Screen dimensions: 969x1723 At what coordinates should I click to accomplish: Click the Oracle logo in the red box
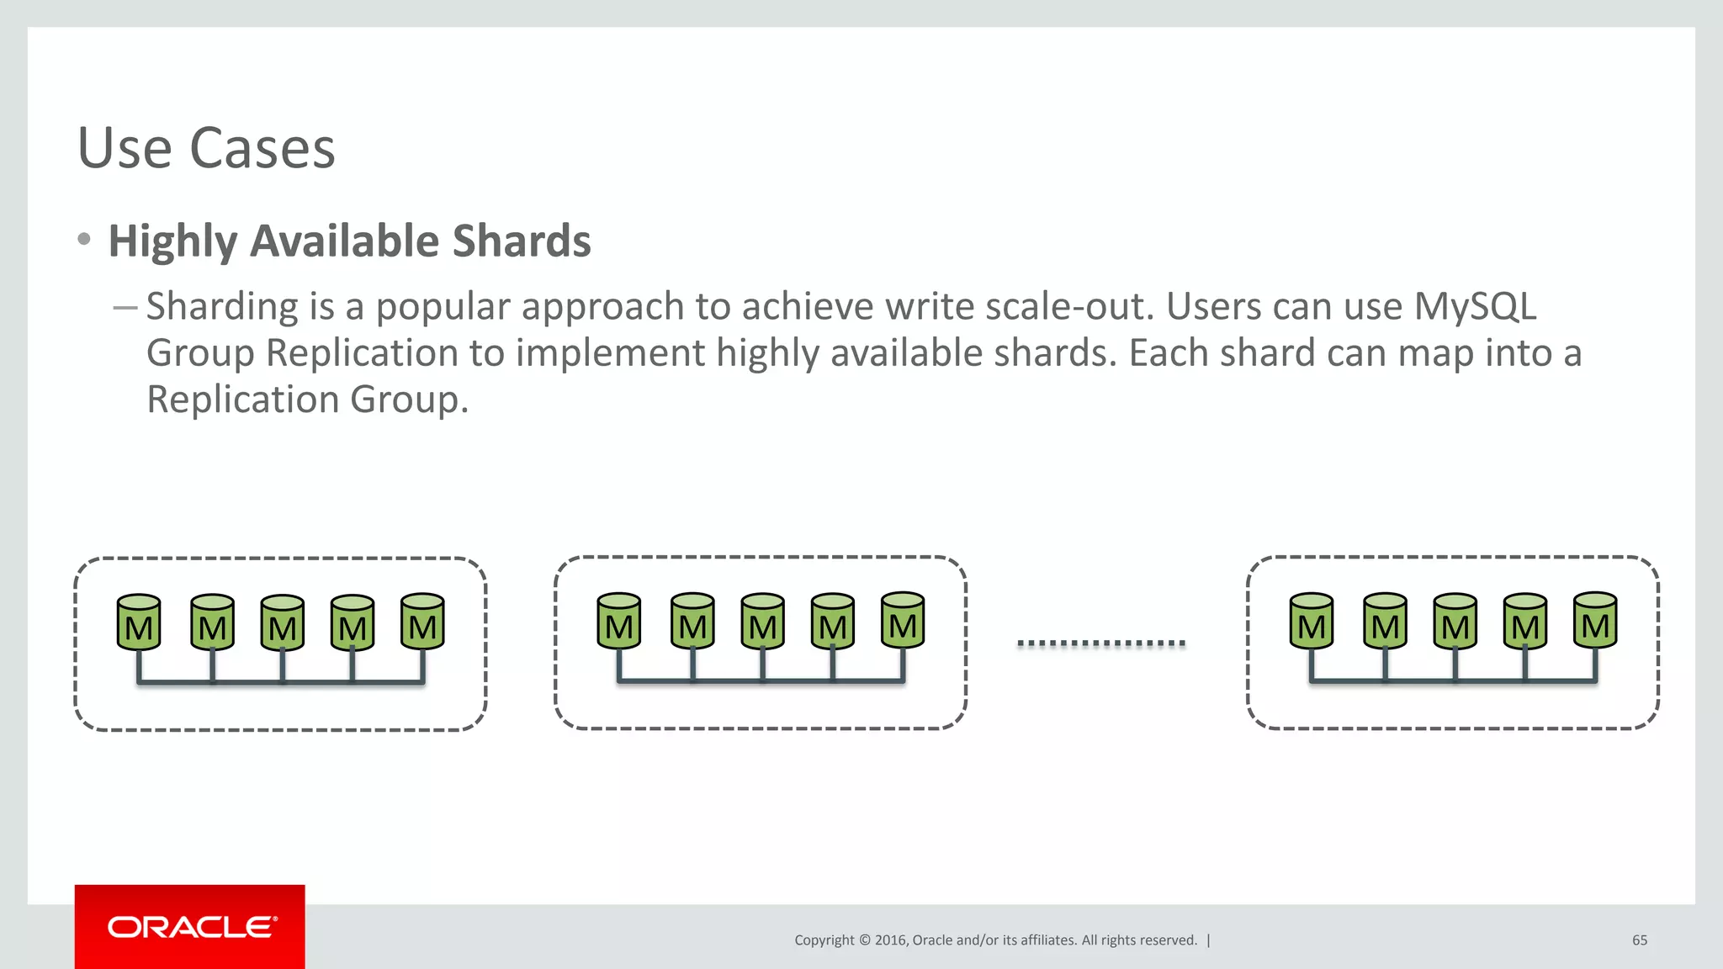click(191, 927)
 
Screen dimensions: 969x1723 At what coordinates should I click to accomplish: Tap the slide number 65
click(1639, 940)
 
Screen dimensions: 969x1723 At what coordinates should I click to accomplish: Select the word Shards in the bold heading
click(522, 241)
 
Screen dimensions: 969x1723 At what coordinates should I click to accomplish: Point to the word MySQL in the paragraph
click(1475, 306)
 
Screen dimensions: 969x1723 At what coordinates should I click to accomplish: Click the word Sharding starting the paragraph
click(222, 306)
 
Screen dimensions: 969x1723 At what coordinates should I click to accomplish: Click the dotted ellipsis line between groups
click(1100, 643)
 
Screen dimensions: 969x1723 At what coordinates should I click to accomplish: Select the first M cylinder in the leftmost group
click(139, 623)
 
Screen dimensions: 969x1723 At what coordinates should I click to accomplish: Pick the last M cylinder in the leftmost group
click(422, 622)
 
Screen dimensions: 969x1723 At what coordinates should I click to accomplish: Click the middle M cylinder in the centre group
click(763, 622)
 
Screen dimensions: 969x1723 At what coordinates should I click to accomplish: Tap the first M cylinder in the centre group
click(618, 622)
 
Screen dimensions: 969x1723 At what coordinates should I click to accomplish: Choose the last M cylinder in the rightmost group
click(1595, 621)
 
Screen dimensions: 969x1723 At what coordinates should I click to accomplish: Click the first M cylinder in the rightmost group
click(1311, 622)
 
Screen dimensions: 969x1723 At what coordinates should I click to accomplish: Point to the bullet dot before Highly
click(83, 240)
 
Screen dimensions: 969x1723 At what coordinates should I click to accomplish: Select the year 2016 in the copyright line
click(890, 940)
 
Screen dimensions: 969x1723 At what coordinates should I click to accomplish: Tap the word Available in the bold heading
click(345, 241)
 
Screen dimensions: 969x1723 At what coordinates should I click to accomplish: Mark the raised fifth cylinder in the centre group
click(903, 621)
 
